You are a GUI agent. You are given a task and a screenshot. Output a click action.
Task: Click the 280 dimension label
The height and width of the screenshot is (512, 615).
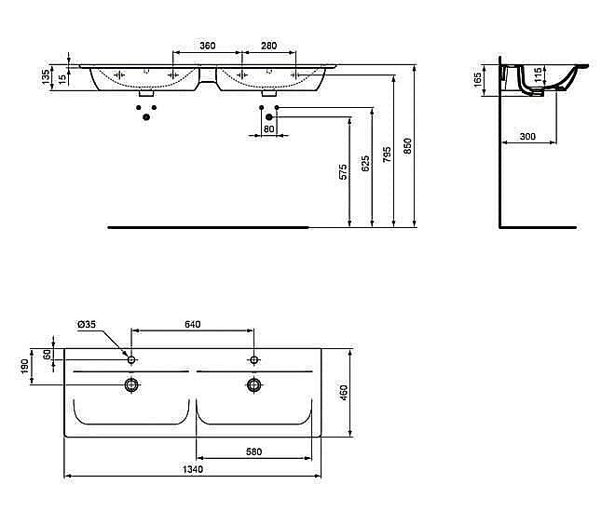pos(268,46)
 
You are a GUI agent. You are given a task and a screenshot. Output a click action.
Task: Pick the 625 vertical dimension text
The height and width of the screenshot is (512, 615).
pos(365,163)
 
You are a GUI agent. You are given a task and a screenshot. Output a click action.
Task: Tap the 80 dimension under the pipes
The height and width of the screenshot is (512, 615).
pos(268,128)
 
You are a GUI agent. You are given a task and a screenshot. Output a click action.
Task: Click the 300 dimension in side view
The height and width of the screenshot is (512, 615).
pos(527,137)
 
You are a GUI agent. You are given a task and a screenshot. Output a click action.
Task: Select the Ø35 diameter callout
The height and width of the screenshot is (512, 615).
pos(86,324)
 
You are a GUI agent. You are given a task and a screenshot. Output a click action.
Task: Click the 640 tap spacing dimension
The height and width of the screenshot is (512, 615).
pos(193,324)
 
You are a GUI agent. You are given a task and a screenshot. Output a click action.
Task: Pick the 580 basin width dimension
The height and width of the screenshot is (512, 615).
pos(253,452)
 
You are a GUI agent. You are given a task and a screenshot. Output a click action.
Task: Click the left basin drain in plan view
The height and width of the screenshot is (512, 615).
pos(132,384)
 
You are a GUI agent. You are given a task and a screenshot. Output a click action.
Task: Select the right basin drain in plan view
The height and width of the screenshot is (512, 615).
pos(253,384)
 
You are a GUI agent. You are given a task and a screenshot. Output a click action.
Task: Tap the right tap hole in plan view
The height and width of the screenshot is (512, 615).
pos(253,358)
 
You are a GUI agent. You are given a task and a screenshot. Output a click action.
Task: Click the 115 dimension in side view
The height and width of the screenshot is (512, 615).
pos(538,74)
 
